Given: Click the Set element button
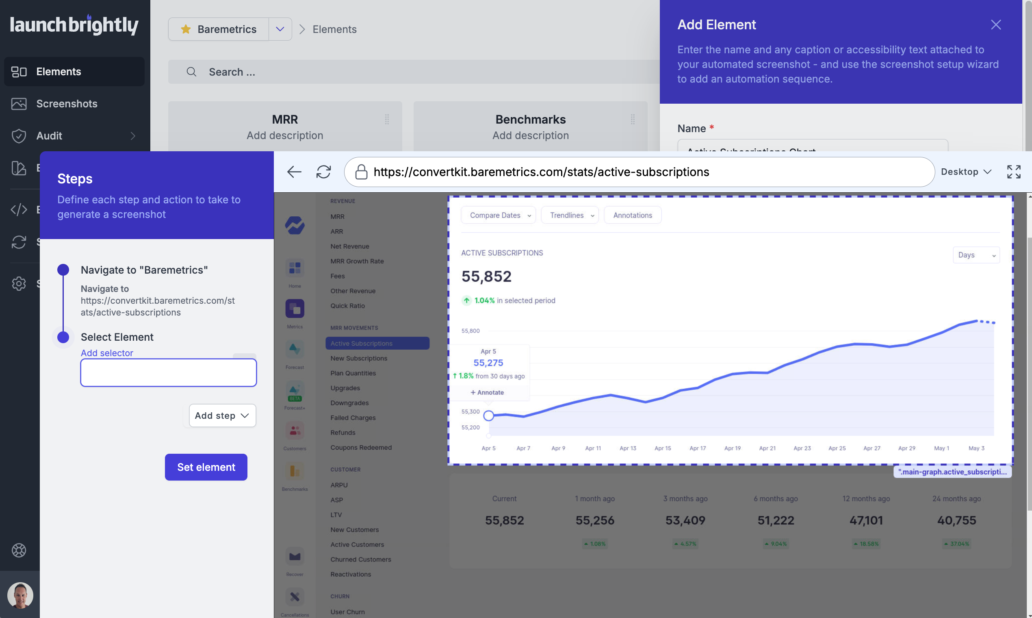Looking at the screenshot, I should click(x=206, y=467).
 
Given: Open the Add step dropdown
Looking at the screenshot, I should click(x=222, y=415).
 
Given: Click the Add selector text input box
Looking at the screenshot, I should click(x=168, y=373).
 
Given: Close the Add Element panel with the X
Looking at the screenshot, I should click(x=995, y=24).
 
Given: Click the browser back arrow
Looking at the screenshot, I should click(x=294, y=172).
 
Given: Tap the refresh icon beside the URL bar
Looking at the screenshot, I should click(x=323, y=172).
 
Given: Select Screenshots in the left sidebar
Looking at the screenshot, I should click(x=67, y=104).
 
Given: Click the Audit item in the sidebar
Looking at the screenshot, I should click(x=49, y=136).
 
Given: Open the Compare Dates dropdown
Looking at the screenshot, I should click(x=498, y=215).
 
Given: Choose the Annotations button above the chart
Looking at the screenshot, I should click(x=632, y=215).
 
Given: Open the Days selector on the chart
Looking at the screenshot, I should click(x=976, y=255).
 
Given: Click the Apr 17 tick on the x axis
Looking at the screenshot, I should click(x=698, y=448).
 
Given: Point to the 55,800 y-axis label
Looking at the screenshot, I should click(x=470, y=331).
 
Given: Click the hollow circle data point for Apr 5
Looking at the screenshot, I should click(x=488, y=415).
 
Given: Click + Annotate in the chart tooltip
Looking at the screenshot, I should click(x=487, y=392).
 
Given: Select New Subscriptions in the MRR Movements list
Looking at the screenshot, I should click(x=358, y=358).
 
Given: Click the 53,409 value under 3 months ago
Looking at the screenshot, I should click(x=685, y=520).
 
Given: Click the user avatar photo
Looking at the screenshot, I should click(x=20, y=595).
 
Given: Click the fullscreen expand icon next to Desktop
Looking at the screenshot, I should click(x=1013, y=172).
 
